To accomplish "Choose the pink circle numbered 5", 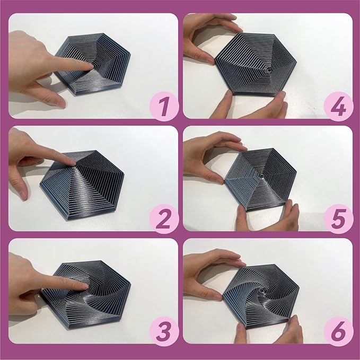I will (x=338, y=218).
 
